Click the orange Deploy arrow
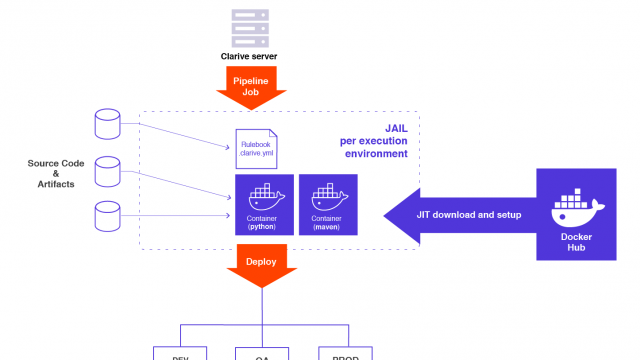coord(261,265)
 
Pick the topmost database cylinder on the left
coord(106,124)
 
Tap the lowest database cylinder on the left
coord(106,214)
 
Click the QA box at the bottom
coord(261,353)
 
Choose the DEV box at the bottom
coord(180,353)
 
